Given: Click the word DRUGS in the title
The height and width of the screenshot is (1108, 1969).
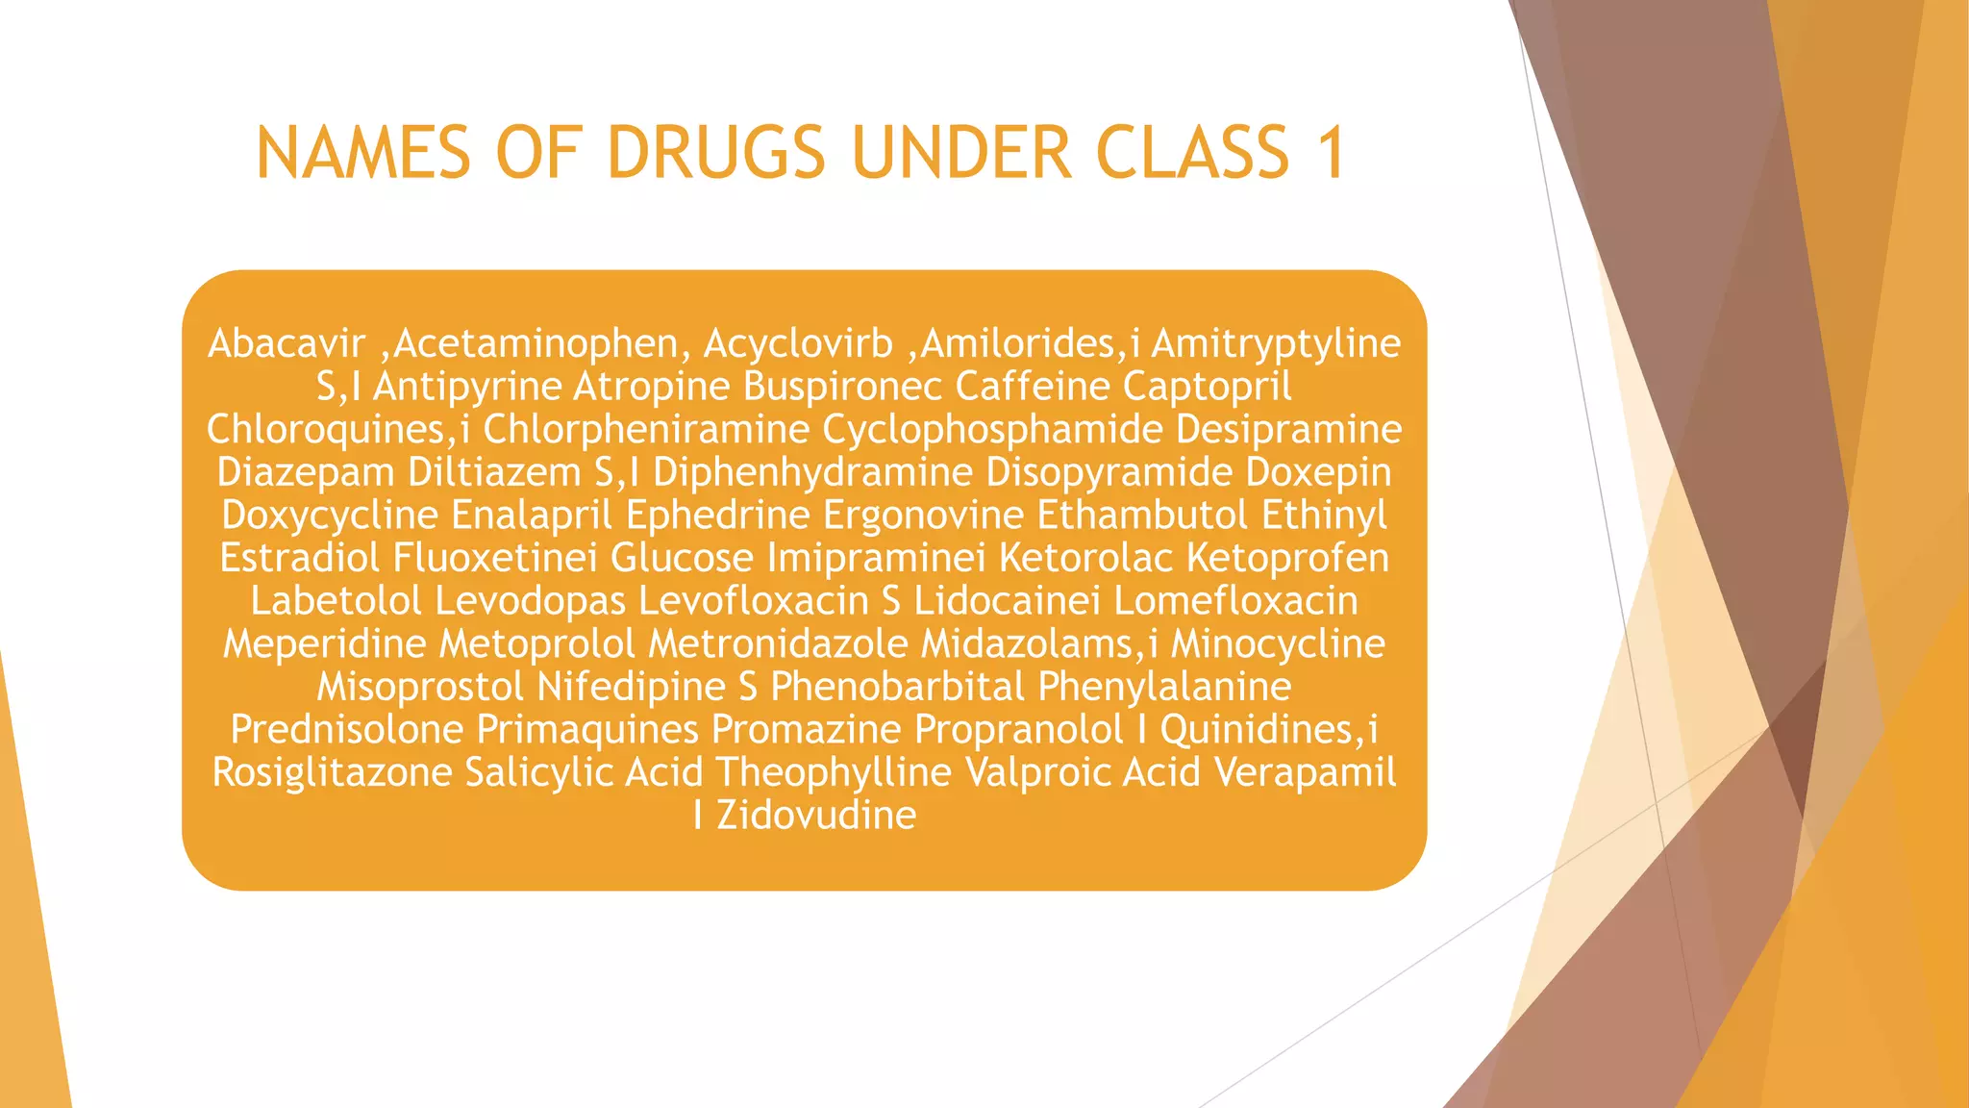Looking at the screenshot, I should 716,153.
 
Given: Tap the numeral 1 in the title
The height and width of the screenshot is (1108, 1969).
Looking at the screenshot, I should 1332,153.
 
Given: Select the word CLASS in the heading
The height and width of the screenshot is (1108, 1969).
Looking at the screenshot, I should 1192,153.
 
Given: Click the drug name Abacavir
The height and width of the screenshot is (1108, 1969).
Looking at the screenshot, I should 287,343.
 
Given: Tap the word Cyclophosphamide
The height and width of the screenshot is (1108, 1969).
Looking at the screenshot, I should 992,429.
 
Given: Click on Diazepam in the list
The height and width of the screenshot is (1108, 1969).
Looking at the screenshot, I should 306,472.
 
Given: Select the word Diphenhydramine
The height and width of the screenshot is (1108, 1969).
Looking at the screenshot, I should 812,472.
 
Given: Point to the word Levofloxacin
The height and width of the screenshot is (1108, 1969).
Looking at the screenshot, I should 753,601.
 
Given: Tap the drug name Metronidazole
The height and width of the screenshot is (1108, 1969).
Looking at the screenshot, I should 778,643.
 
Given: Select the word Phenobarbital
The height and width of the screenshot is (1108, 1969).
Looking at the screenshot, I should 897,687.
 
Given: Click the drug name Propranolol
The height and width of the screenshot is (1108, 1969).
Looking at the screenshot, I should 1018,729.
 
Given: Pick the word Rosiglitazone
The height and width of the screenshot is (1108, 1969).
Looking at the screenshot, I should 332,772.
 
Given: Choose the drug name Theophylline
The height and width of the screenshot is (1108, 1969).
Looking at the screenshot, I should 833,772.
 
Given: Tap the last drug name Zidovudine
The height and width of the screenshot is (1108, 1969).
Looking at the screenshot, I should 816,816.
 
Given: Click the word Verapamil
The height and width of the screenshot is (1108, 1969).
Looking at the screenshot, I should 1305,772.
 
